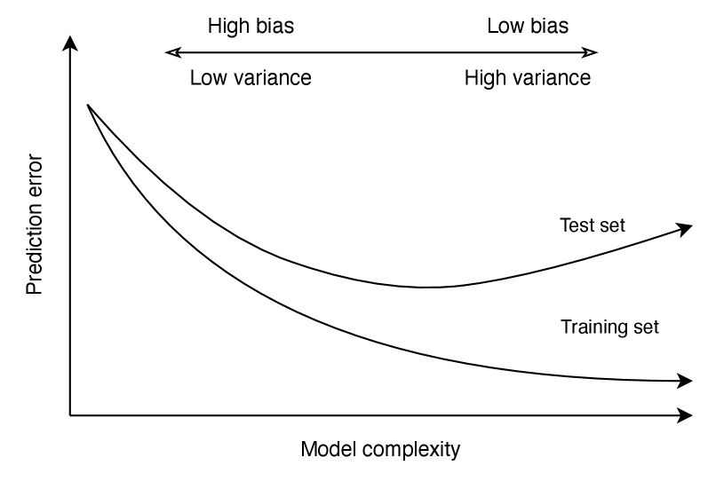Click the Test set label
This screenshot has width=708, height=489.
[592, 225]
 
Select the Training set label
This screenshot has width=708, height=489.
[609, 327]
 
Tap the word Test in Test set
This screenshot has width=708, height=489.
[577, 225]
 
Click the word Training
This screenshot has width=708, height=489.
[593, 327]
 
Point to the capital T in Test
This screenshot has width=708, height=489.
[566, 225]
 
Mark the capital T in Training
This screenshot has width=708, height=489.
[566, 327]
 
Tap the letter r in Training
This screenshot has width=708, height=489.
[575, 328]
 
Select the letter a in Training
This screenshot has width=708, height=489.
[583, 328]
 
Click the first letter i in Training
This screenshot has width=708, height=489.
[591, 327]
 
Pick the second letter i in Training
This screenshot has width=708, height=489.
[604, 327]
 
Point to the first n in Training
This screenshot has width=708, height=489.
[597, 328]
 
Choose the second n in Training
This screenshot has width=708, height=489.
[611, 328]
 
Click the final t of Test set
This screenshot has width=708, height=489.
[621, 225]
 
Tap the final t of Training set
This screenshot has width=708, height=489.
[656, 327]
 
